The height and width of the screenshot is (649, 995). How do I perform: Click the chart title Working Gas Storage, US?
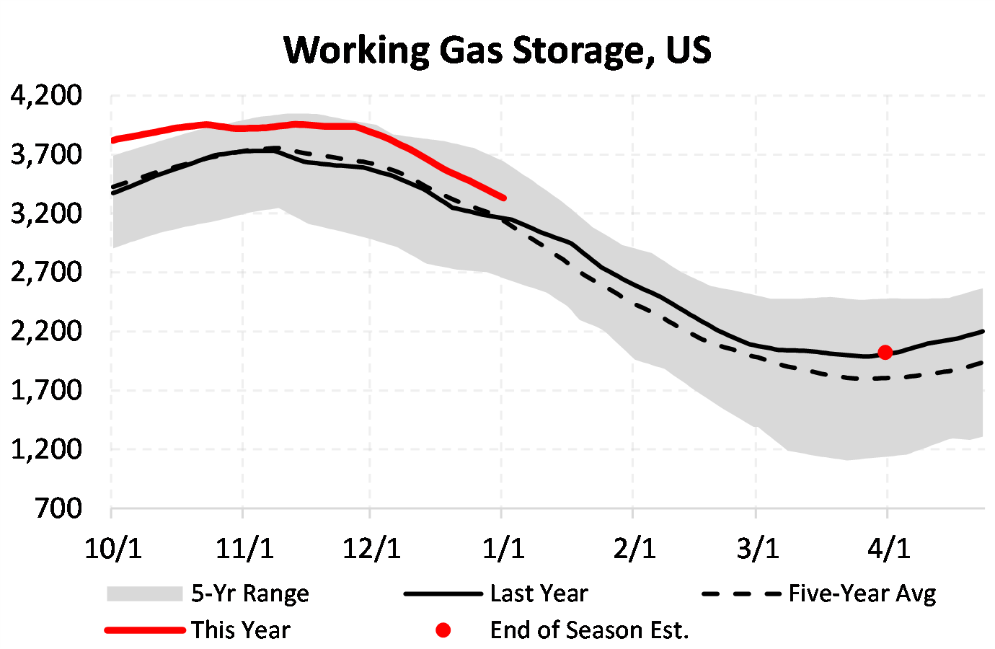tap(497, 50)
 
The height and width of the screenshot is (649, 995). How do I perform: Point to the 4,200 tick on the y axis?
tap(46, 95)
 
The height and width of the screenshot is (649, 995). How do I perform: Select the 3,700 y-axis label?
tap(46, 154)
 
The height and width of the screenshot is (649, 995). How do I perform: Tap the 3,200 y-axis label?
tap(46, 213)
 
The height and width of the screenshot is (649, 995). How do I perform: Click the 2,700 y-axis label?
tap(46, 273)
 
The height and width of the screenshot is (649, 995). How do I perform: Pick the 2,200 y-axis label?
tap(46, 332)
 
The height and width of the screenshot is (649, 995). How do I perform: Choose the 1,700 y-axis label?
tap(46, 391)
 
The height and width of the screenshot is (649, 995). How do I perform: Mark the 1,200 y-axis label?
tap(46, 450)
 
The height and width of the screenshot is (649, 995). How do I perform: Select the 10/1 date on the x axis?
tap(112, 549)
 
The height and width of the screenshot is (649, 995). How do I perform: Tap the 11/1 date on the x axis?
tap(244, 549)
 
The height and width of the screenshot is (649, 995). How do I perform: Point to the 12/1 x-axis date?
tap(371, 549)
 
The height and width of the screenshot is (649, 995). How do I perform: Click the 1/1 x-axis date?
tap(503, 549)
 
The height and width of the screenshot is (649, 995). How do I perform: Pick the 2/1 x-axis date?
tap(634, 549)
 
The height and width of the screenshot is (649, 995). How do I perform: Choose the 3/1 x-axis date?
tap(758, 549)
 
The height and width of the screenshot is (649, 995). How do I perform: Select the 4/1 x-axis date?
tap(888, 549)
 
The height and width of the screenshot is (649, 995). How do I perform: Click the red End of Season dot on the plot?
tap(885, 353)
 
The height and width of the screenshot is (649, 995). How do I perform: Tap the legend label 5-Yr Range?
tap(249, 593)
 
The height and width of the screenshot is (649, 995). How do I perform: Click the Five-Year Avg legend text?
tap(862, 593)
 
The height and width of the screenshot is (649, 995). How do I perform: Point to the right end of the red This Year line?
tap(503, 197)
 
